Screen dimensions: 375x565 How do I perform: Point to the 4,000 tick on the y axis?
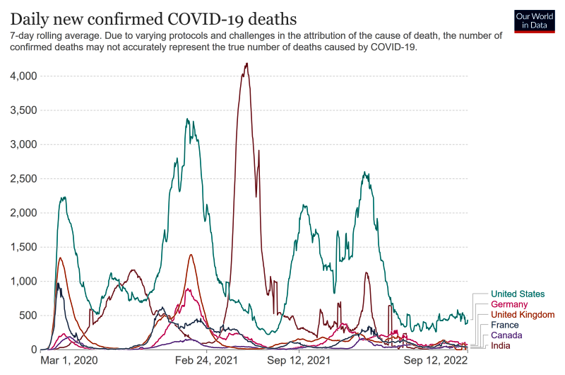(22, 76)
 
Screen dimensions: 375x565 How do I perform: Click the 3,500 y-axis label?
(22, 110)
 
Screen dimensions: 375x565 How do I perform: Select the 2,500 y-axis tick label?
(22, 178)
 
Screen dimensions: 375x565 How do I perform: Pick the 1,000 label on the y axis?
(22, 282)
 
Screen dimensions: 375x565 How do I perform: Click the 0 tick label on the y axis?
(32, 350)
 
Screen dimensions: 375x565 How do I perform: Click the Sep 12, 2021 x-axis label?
(299, 361)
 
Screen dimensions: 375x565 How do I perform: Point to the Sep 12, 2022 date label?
(436, 361)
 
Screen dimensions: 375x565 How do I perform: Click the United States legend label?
(517, 294)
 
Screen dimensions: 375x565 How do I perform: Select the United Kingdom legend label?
(523, 314)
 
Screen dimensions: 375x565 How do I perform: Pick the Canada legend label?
(506, 335)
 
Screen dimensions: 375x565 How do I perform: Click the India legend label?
(501, 345)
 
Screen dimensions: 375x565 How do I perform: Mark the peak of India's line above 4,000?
(246, 64)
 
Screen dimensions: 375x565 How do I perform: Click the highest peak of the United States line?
(187, 119)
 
